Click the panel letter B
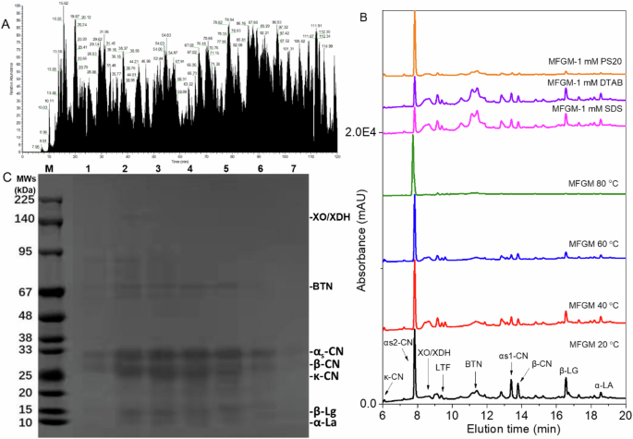364,17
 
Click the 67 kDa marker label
22,292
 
